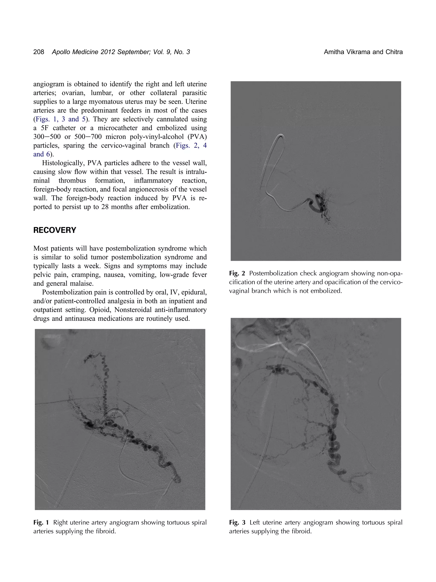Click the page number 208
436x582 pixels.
click(39, 52)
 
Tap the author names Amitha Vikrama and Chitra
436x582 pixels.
click(363, 52)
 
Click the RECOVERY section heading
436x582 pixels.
click(55, 230)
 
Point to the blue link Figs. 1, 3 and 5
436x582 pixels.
click(61, 119)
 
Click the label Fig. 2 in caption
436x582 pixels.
click(237, 273)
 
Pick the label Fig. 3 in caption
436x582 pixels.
click(237, 522)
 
